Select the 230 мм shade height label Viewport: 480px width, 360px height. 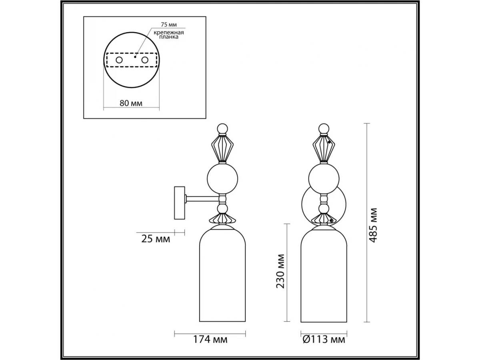280,271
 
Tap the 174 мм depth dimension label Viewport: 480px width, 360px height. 210,339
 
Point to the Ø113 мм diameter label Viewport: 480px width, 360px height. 324,339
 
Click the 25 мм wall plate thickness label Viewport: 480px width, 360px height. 156,239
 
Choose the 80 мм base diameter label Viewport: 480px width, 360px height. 131,103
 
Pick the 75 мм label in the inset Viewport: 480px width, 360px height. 169,25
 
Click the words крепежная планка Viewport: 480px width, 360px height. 169,35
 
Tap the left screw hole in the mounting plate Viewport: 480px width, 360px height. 119,60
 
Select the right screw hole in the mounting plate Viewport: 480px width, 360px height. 145,60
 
